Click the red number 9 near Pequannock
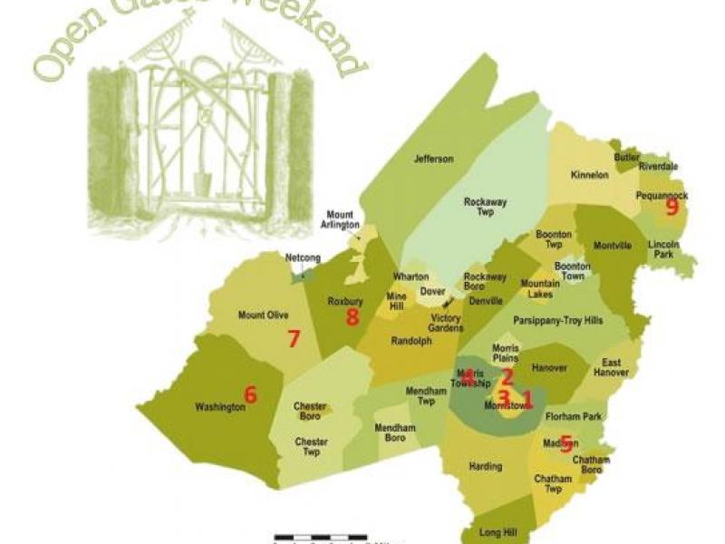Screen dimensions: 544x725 [672, 207]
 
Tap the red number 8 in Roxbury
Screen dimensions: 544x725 [353, 316]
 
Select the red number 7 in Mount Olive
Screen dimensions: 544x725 [293, 339]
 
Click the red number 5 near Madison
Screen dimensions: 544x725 [566, 442]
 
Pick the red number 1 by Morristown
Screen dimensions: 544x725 [527, 397]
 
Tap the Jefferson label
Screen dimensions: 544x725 [433, 160]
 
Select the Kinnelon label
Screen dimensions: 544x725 [590, 174]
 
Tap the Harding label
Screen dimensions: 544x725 [486, 467]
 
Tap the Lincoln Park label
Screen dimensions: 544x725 [668, 250]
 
